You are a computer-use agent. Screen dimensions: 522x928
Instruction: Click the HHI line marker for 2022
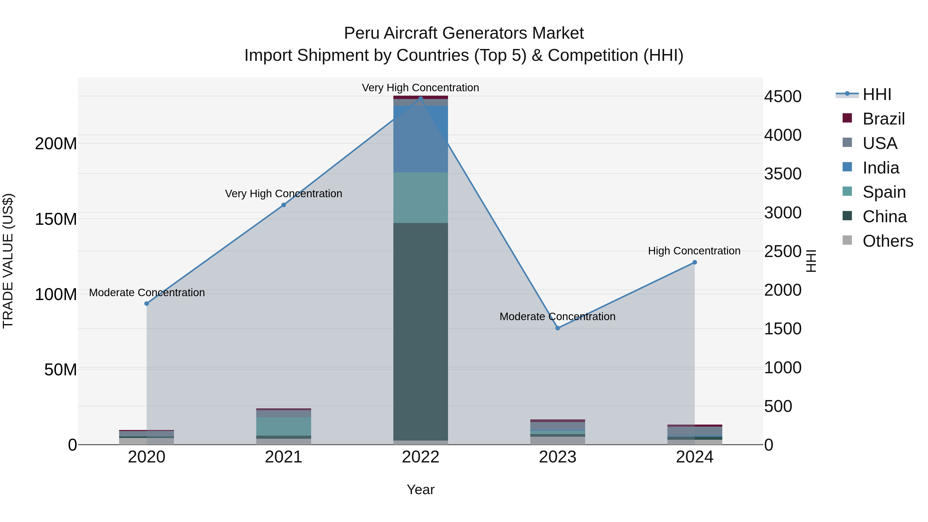[x=420, y=98]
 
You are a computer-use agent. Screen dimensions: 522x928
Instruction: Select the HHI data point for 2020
[x=147, y=304]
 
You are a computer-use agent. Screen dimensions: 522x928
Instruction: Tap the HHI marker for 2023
[x=558, y=328]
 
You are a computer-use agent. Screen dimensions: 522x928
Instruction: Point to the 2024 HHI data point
[x=694, y=262]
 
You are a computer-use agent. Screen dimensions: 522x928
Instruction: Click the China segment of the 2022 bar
[x=420, y=332]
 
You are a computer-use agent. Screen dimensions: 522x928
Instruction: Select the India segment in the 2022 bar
[x=420, y=139]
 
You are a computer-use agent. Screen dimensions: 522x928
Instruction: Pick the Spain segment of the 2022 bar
[x=420, y=197]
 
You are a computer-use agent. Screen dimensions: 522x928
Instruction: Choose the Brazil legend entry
[x=883, y=119]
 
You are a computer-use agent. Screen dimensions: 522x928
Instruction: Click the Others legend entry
[x=887, y=241]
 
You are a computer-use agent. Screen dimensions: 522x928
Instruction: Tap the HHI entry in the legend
[x=876, y=94]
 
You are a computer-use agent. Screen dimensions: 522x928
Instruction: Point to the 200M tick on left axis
[x=56, y=144]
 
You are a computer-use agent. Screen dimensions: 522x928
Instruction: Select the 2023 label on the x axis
[x=558, y=457]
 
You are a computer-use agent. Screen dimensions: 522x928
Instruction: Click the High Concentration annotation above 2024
[x=694, y=251]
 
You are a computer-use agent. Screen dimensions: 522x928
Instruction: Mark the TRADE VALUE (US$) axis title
[x=8, y=261]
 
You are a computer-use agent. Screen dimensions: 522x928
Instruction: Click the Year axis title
[x=420, y=490]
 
